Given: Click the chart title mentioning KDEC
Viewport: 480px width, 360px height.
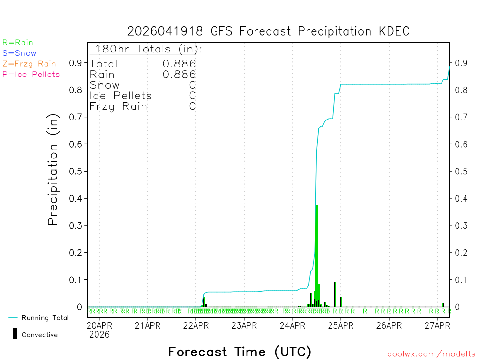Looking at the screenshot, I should coord(269,31).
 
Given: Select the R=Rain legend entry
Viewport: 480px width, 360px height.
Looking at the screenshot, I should coord(18,43).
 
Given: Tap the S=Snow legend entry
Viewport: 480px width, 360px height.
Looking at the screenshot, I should coord(19,53).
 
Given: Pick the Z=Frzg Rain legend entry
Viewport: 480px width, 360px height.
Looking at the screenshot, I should coord(29,64).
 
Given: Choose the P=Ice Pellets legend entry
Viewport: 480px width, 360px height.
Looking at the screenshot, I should coord(31,74).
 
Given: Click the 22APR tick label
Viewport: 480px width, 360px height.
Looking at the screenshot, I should coord(195,325).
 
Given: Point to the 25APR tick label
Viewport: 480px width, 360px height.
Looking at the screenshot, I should coord(340,325).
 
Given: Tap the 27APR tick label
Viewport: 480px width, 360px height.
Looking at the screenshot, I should coord(437,325).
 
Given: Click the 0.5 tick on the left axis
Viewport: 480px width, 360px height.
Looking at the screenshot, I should coord(76,171).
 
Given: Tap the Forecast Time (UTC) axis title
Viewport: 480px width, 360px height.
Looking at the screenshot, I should coord(240,352).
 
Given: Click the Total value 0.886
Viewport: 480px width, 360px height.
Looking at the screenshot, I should coord(179,64).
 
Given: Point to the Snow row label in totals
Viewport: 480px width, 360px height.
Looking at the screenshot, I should coord(105,85).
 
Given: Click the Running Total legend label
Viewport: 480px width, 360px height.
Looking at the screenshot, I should coord(45,318).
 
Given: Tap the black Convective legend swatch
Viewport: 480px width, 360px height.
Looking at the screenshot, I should coord(15,333).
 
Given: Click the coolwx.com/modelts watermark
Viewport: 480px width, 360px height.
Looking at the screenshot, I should coord(431,354).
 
